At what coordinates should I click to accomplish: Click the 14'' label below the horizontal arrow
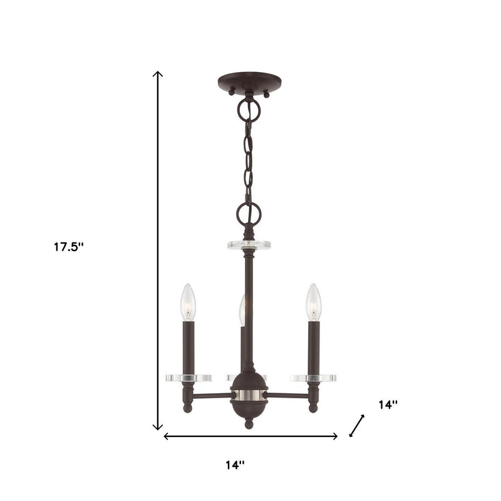click(x=235, y=465)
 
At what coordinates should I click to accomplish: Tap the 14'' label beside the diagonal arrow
click(x=388, y=405)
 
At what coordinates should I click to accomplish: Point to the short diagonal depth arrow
click(x=356, y=425)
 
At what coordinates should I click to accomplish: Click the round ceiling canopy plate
click(x=249, y=83)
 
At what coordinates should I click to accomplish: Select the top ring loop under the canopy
click(x=249, y=110)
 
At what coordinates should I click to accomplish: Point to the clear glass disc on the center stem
click(x=249, y=244)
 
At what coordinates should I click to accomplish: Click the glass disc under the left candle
click(x=188, y=378)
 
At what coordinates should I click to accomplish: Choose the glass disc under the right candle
click(x=313, y=378)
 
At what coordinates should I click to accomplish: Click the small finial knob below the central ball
click(x=249, y=424)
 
